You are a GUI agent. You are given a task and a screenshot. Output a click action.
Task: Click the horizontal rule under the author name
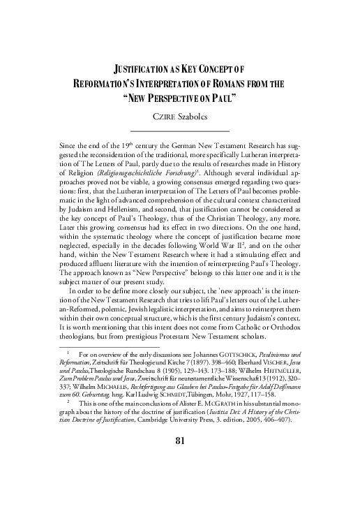click(180, 130)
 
